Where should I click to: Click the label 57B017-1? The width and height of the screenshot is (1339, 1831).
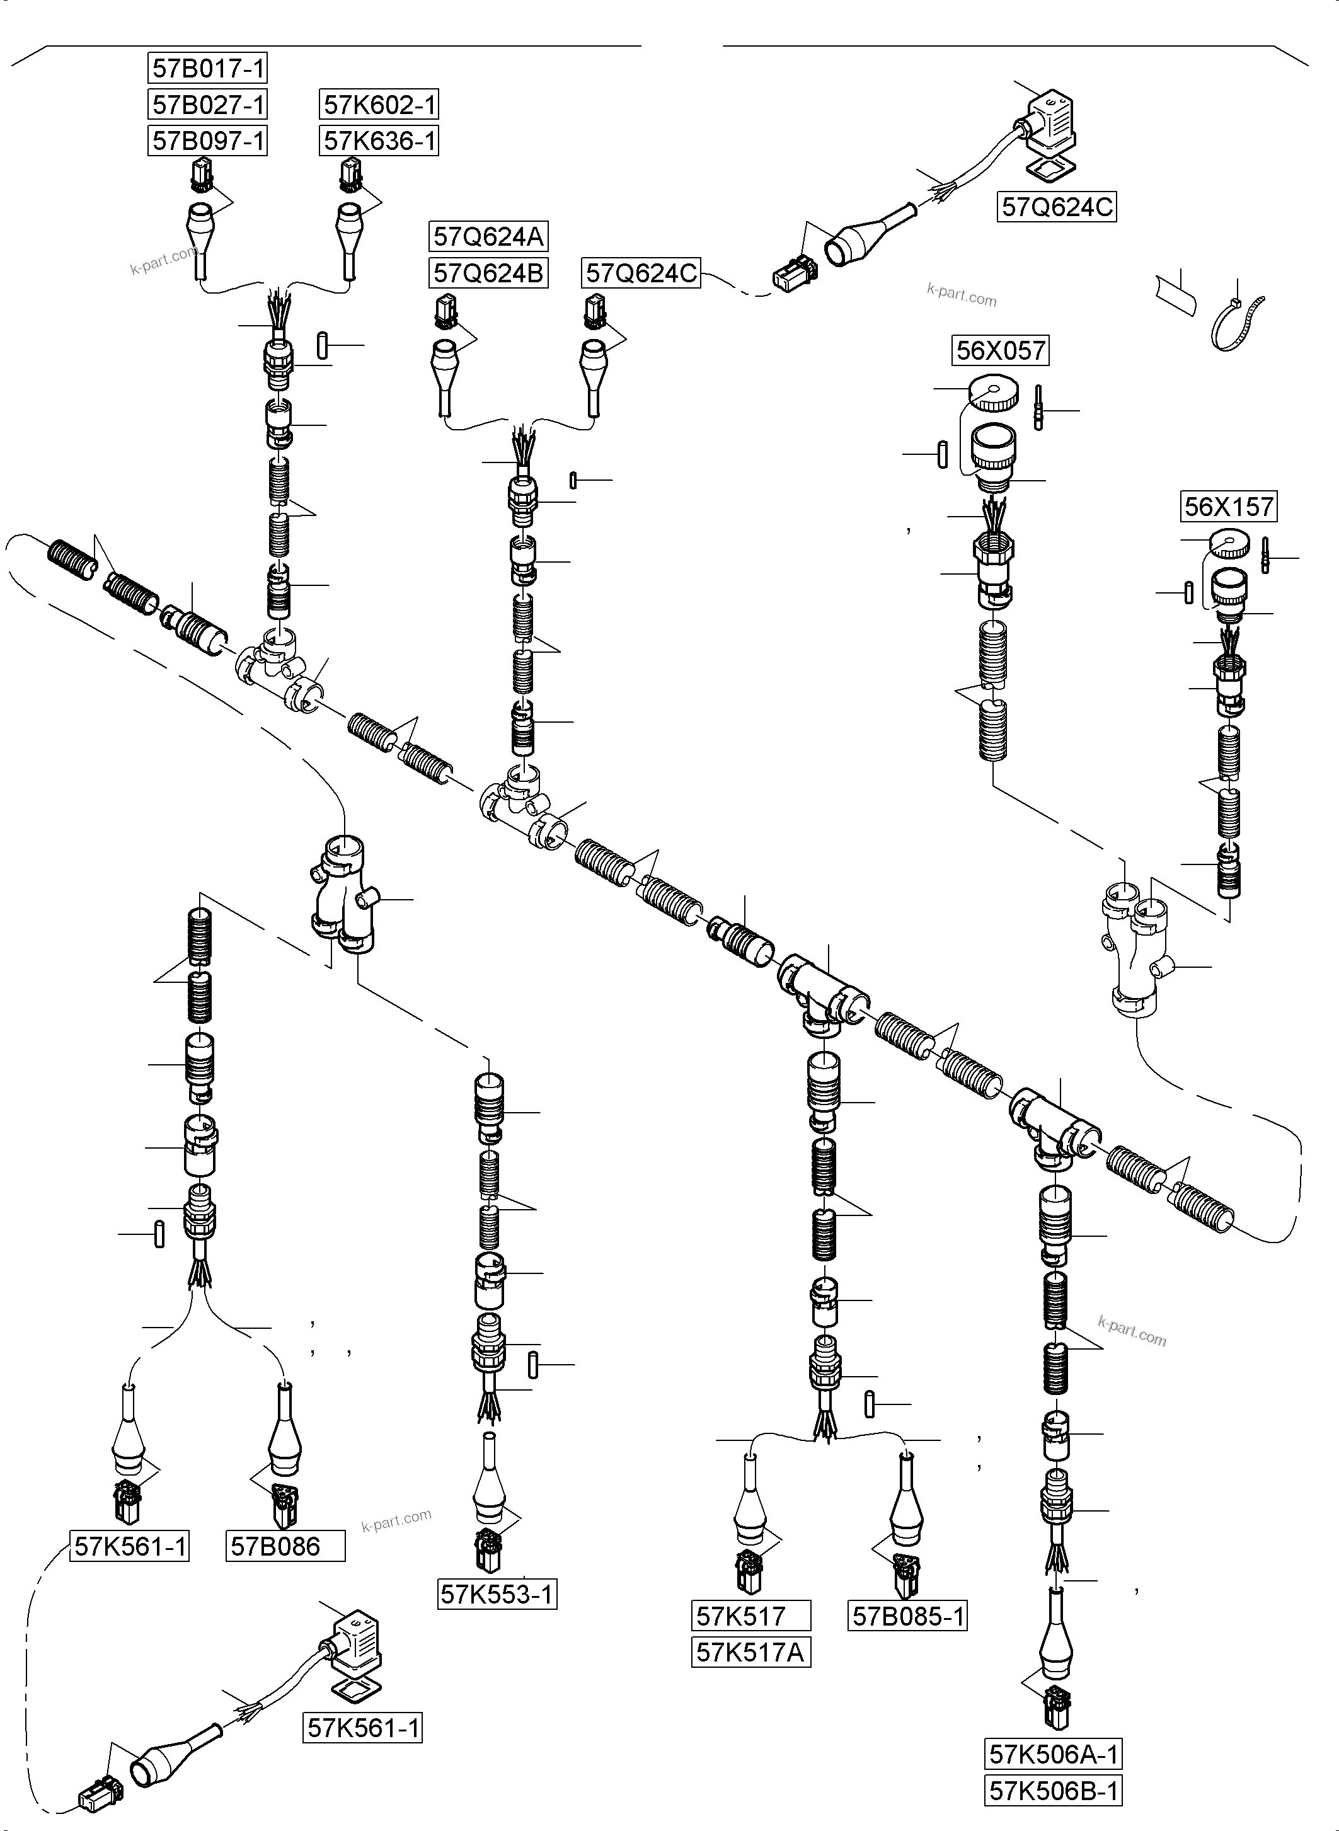pyautogui.click(x=209, y=69)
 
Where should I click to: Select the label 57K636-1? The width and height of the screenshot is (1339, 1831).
pyautogui.click(x=379, y=141)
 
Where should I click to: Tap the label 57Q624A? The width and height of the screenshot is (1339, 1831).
pyautogui.click(x=488, y=237)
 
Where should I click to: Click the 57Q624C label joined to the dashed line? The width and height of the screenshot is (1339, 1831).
pyautogui.click(x=641, y=273)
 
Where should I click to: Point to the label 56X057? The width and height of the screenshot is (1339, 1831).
pyautogui.click(x=1000, y=351)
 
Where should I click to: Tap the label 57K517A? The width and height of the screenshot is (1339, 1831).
pyautogui.click(x=750, y=1652)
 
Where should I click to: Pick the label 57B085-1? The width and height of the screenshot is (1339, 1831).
pyautogui.click(x=909, y=1617)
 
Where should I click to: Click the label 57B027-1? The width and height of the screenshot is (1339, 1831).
pyautogui.click(x=209, y=105)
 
